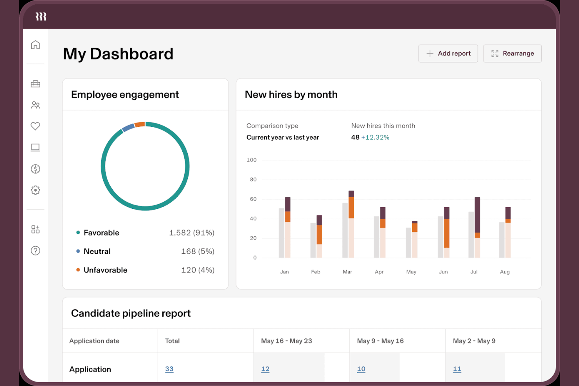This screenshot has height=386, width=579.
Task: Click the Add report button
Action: (x=448, y=54)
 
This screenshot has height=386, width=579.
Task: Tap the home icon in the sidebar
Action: (x=35, y=45)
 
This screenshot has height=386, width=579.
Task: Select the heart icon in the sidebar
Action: (x=35, y=126)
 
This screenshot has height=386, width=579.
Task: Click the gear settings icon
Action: (x=35, y=190)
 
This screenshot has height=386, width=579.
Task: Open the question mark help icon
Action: (x=35, y=251)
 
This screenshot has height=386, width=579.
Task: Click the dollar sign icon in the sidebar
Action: (x=35, y=169)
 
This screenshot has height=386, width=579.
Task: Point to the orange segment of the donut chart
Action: (x=140, y=125)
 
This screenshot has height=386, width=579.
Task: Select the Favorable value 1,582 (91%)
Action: (x=191, y=233)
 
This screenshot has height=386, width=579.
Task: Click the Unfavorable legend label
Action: (x=105, y=270)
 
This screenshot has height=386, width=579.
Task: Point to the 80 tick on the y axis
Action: (x=253, y=180)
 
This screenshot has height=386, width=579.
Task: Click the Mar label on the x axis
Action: (x=347, y=272)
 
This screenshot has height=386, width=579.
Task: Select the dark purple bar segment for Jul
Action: (x=477, y=215)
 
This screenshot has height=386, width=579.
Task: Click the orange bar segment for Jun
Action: (x=446, y=233)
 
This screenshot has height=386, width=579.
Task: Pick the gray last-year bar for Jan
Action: (x=281, y=233)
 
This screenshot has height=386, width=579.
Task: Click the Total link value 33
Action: (x=169, y=369)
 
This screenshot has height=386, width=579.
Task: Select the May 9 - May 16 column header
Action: (x=380, y=341)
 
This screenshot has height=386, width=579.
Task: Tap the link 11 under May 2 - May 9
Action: (x=457, y=369)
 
